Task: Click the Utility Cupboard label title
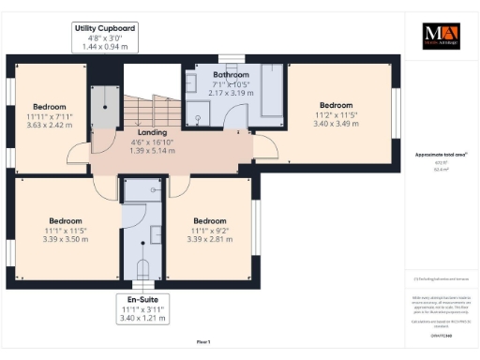tap(106, 28)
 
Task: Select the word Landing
tap(151, 132)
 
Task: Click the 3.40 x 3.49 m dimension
tap(336, 123)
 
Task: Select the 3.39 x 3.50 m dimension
tap(65, 239)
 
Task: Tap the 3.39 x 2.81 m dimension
tap(209, 239)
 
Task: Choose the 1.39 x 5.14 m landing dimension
tap(151, 150)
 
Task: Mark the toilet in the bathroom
tap(198, 117)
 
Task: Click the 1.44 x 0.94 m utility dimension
tap(106, 46)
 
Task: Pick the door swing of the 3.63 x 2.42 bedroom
tap(78, 157)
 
